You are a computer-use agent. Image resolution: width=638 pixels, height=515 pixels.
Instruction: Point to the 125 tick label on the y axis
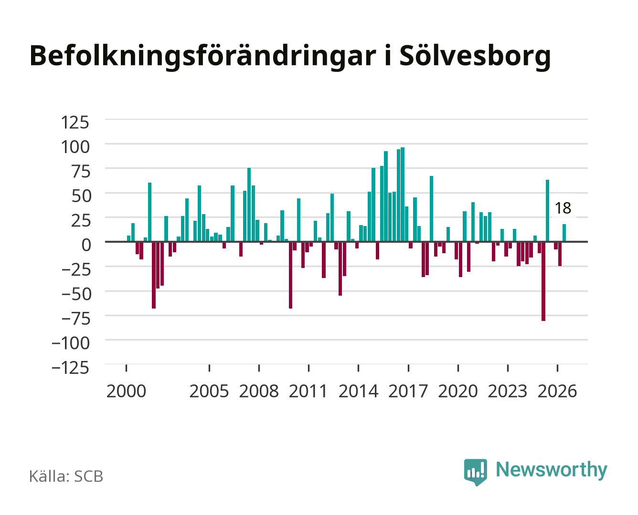click(x=75, y=123)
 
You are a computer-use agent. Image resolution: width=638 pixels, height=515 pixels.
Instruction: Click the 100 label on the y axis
click(x=75, y=147)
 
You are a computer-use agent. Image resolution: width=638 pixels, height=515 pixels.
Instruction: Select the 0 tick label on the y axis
click(x=86, y=245)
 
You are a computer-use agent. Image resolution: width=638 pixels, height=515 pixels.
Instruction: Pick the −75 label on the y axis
click(x=75, y=319)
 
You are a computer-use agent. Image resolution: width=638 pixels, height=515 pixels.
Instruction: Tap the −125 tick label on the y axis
click(x=70, y=368)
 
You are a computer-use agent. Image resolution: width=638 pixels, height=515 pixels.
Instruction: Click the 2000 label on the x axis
click(x=126, y=391)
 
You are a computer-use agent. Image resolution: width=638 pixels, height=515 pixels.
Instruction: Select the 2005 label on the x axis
click(x=209, y=391)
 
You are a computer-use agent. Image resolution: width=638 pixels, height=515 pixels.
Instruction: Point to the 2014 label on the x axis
click(x=358, y=391)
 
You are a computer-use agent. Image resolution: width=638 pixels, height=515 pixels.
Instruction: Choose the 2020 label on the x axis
click(x=457, y=391)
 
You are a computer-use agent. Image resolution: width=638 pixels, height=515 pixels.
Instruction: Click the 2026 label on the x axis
click(x=557, y=391)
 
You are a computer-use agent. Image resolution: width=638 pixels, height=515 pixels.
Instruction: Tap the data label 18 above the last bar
click(x=563, y=208)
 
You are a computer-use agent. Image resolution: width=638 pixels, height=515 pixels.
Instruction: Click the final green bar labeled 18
click(x=564, y=233)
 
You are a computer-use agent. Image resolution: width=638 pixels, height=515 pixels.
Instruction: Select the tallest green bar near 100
click(x=403, y=195)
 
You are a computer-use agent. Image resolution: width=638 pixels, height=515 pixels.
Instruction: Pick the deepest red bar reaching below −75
click(x=543, y=281)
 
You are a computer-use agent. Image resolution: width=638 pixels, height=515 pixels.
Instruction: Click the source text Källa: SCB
click(x=66, y=476)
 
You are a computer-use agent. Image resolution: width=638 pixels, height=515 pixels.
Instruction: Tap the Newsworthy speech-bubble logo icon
click(x=475, y=472)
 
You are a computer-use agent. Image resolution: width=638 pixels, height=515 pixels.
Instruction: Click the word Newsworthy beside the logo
click(x=552, y=470)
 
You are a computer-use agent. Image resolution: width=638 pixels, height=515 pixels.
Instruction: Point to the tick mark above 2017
click(x=408, y=368)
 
